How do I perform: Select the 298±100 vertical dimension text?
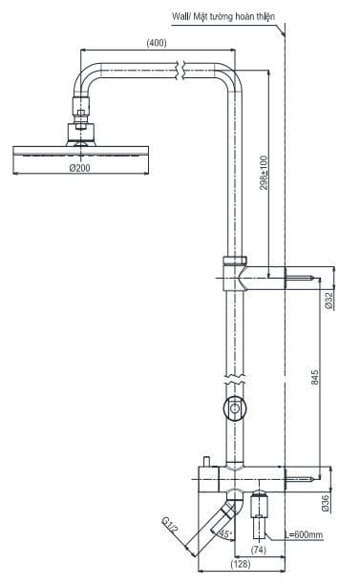(x=263, y=172)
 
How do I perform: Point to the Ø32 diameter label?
(x=328, y=302)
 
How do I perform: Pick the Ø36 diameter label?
(x=328, y=499)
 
